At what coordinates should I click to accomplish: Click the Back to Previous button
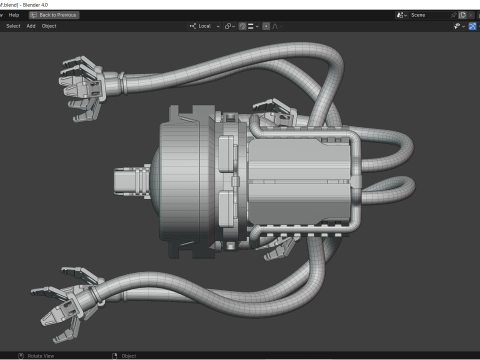(x=54, y=15)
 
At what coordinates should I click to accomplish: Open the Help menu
(x=14, y=15)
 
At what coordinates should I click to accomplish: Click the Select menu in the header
(x=13, y=26)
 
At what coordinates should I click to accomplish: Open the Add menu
(x=31, y=26)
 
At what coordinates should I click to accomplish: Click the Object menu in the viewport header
(x=49, y=26)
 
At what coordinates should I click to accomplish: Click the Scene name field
(x=424, y=15)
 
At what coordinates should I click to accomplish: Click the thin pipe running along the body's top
(x=310, y=129)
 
